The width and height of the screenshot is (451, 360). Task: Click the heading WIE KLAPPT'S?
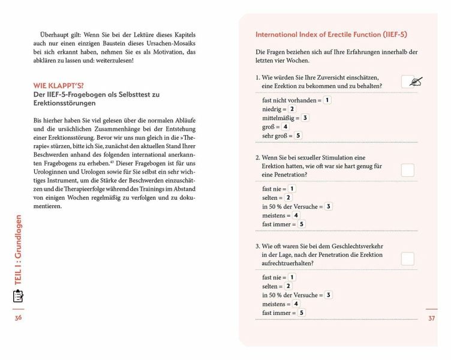pyautogui.click(x=59, y=86)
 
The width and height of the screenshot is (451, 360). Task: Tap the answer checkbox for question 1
pyautogui.click(x=408, y=82)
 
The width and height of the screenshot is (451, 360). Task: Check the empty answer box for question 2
pyautogui.click(x=408, y=170)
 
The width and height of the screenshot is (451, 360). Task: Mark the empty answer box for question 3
pyautogui.click(x=408, y=259)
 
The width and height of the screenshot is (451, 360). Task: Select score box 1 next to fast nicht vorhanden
pyautogui.click(x=327, y=100)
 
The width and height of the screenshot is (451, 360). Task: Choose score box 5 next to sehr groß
pyautogui.click(x=298, y=136)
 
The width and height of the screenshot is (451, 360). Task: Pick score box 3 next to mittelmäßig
pyautogui.click(x=305, y=118)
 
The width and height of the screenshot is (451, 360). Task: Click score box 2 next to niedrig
pyautogui.click(x=292, y=109)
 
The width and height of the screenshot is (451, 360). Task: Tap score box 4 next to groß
pyautogui.click(x=285, y=127)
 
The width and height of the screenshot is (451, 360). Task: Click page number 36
pyautogui.click(x=18, y=317)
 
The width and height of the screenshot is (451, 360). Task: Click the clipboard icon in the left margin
pyautogui.click(x=18, y=296)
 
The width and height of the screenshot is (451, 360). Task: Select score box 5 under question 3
pyautogui.click(x=302, y=313)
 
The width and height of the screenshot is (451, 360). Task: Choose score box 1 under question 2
pyautogui.click(x=292, y=188)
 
